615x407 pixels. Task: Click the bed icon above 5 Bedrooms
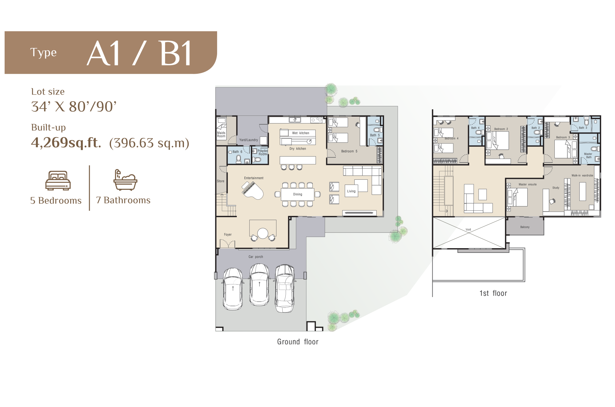[x=58, y=180]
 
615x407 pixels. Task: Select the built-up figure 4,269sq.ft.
[x=66, y=143]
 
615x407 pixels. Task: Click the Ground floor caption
[x=298, y=342]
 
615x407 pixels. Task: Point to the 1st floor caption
[x=493, y=293]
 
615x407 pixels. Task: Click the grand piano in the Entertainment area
[x=253, y=190]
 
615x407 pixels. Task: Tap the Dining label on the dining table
[x=298, y=194]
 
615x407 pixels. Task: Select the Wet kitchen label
[x=301, y=133]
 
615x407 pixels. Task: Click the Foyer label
[x=228, y=235]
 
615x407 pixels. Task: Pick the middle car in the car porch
[x=259, y=285]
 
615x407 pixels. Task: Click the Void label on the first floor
[x=468, y=229]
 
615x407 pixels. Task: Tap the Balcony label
[x=525, y=227]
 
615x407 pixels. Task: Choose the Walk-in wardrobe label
[x=582, y=175]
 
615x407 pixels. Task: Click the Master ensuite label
[x=528, y=184]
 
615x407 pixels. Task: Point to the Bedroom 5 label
[x=349, y=151]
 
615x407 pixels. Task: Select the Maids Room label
[x=221, y=135]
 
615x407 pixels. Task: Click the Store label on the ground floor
[x=220, y=181]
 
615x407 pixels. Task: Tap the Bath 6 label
[x=237, y=152]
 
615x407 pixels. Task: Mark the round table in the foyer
[x=263, y=233]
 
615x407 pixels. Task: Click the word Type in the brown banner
[x=43, y=53]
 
